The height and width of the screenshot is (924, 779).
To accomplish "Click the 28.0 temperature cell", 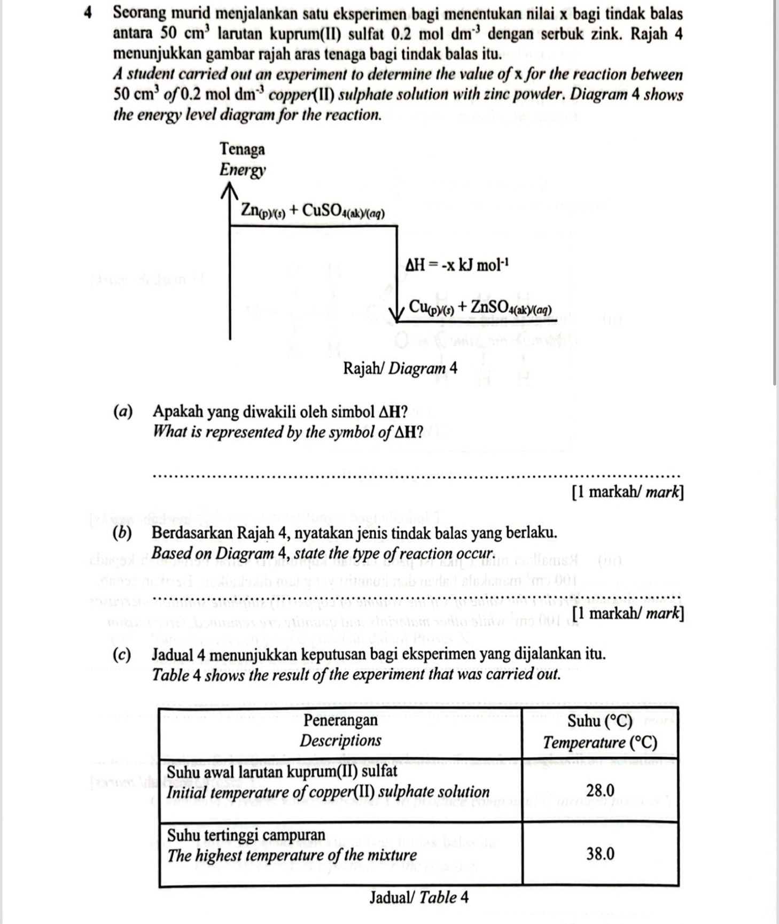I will coord(600,790).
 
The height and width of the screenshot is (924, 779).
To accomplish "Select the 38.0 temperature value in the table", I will coord(600,853).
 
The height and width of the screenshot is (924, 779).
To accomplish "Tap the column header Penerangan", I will coord(340,720).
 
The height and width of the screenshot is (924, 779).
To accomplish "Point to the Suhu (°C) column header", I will coord(599,721).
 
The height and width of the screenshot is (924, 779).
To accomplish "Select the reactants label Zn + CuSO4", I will coord(313,211).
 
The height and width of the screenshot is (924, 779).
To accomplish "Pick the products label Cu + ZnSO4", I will coord(480,307).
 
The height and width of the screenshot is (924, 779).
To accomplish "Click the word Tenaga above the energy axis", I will coord(242,149).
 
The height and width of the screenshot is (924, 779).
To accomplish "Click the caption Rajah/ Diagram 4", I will coord(400,368).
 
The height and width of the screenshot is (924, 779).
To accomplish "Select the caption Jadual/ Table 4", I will coord(419,897).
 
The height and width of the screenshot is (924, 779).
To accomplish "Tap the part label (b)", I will coord(123,533).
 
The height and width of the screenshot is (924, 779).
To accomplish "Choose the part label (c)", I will coord(123,654).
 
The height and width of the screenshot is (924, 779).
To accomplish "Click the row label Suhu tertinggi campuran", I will coord(246,835).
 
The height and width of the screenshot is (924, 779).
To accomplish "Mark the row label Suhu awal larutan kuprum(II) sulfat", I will coord(282,771).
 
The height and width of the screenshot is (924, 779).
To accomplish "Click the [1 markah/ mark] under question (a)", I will coord(627,492).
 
